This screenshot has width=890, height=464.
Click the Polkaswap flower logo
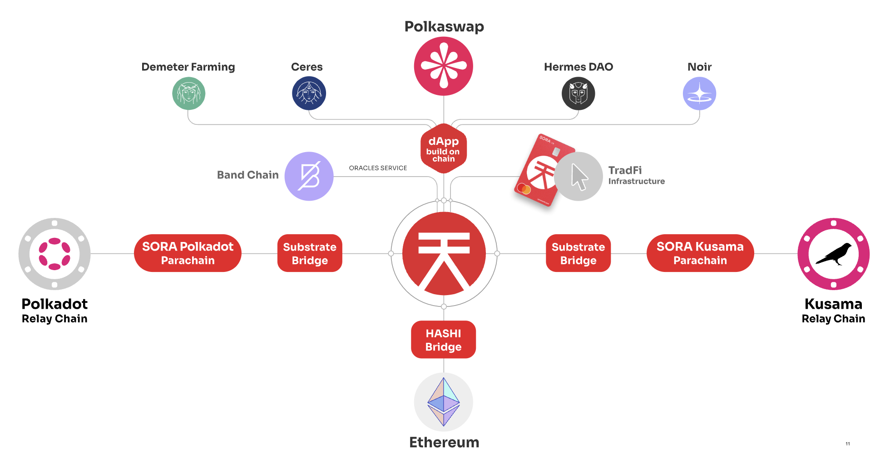click(x=443, y=66)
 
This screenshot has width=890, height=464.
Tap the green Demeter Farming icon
click(x=188, y=94)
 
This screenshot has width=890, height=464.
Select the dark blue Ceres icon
click(x=309, y=94)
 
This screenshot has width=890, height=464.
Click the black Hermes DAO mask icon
click(x=578, y=94)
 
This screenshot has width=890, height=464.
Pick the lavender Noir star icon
click(x=699, y=94)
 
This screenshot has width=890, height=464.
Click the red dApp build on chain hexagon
click(x=443, y=148)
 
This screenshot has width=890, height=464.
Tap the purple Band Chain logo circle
click(x=309, y=176)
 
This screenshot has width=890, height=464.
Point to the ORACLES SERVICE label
click(x=378, y=168)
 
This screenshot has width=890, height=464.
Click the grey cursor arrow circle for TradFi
click(x=578, y=176)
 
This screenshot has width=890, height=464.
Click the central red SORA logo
click(x=444, y=253)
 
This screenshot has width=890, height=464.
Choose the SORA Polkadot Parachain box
click(x=188, y=253)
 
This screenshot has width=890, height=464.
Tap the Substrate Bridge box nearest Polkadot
click(x=310, y=253)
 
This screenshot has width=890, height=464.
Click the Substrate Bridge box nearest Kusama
click(x=578, y=253)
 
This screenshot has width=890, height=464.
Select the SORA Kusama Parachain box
click(x=700, y=253)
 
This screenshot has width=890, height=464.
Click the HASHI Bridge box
click(x=443, y=340)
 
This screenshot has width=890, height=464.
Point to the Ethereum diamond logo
click(x=444, y=402)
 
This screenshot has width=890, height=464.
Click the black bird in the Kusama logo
click(x=834, y=254)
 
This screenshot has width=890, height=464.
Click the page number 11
click(x=848, y=444)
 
